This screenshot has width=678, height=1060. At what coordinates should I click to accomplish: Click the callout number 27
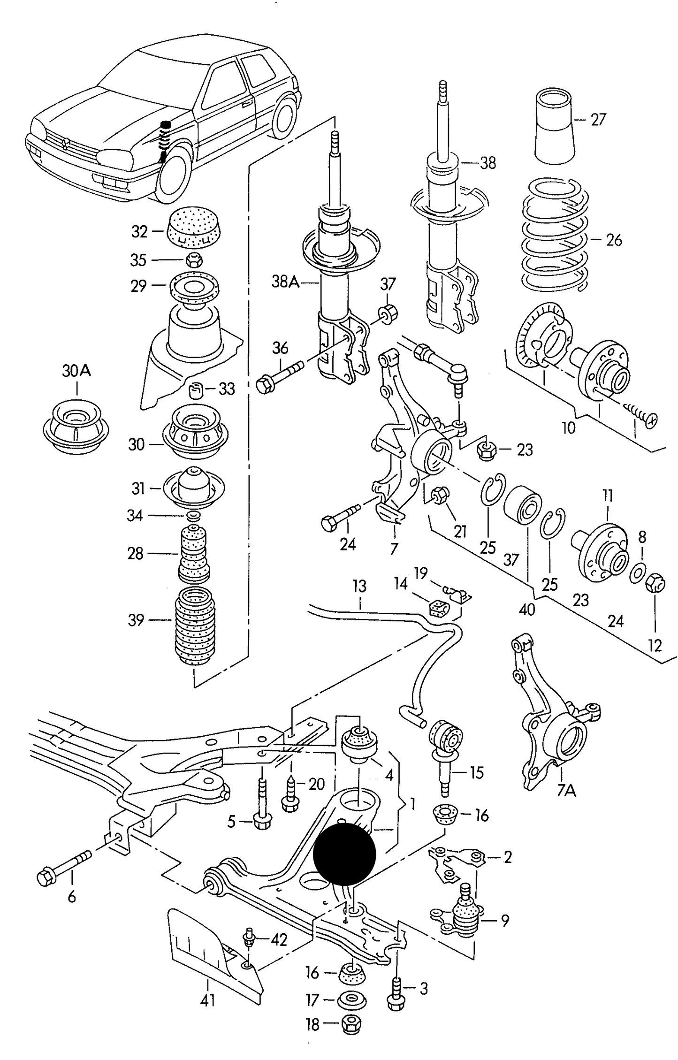coord(598,119)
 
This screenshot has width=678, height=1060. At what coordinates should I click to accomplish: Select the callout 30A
coord(76,372)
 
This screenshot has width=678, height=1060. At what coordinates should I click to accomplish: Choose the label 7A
coord(566,791)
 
